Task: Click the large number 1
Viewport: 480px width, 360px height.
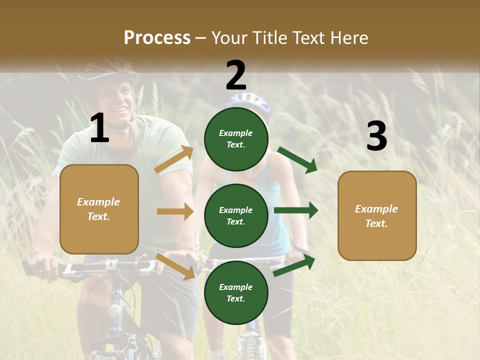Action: tap(99, 128)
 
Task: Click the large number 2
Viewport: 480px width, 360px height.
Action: tap(235, 75)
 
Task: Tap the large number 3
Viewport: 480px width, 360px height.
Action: tap(376, 136)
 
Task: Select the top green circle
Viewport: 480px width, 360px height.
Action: tap(236, 139)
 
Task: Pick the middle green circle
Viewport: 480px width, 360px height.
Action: tap(236, 215)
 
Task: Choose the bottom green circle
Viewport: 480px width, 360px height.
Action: tap(236, 292)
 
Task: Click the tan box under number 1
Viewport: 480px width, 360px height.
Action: tap(99, 209)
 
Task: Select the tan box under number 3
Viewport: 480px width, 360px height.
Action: tap(377, 215)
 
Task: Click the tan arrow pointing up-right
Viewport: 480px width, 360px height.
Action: tap(174, 159)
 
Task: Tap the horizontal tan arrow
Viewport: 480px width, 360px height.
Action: tap(175, 211)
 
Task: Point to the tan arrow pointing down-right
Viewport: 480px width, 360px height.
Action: tap(175, 266)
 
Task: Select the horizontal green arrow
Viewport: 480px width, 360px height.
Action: tap(295, 210)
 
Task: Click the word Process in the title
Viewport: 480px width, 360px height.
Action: tap(157, 37)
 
